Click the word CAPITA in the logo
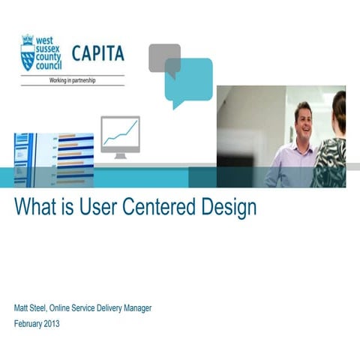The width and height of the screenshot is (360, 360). click(x=97, y=54)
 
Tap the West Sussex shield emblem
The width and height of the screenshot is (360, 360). click(x=28, y=52)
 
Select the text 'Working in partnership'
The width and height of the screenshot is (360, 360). click(x=72, y=78)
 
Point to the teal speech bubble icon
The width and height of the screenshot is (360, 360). click(x=188, y=81)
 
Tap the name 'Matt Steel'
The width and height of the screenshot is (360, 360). click(x=33, y=308)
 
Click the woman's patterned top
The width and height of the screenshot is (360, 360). click(x=330, y=161)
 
